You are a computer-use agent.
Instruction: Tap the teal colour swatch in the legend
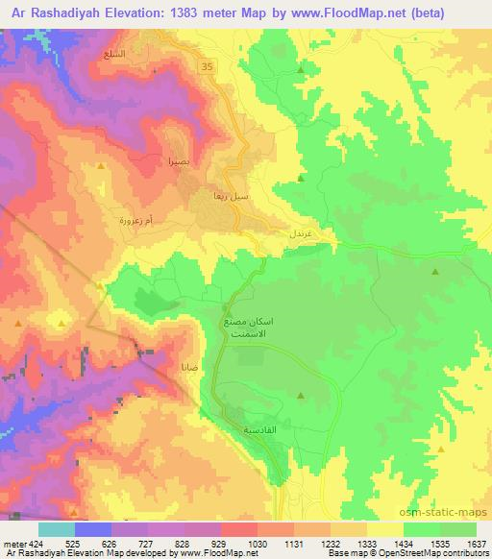[x=56, y=528]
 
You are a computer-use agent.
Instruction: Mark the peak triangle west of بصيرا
[x=101, y=166]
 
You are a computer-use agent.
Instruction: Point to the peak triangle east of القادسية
[x=302, y=395]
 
